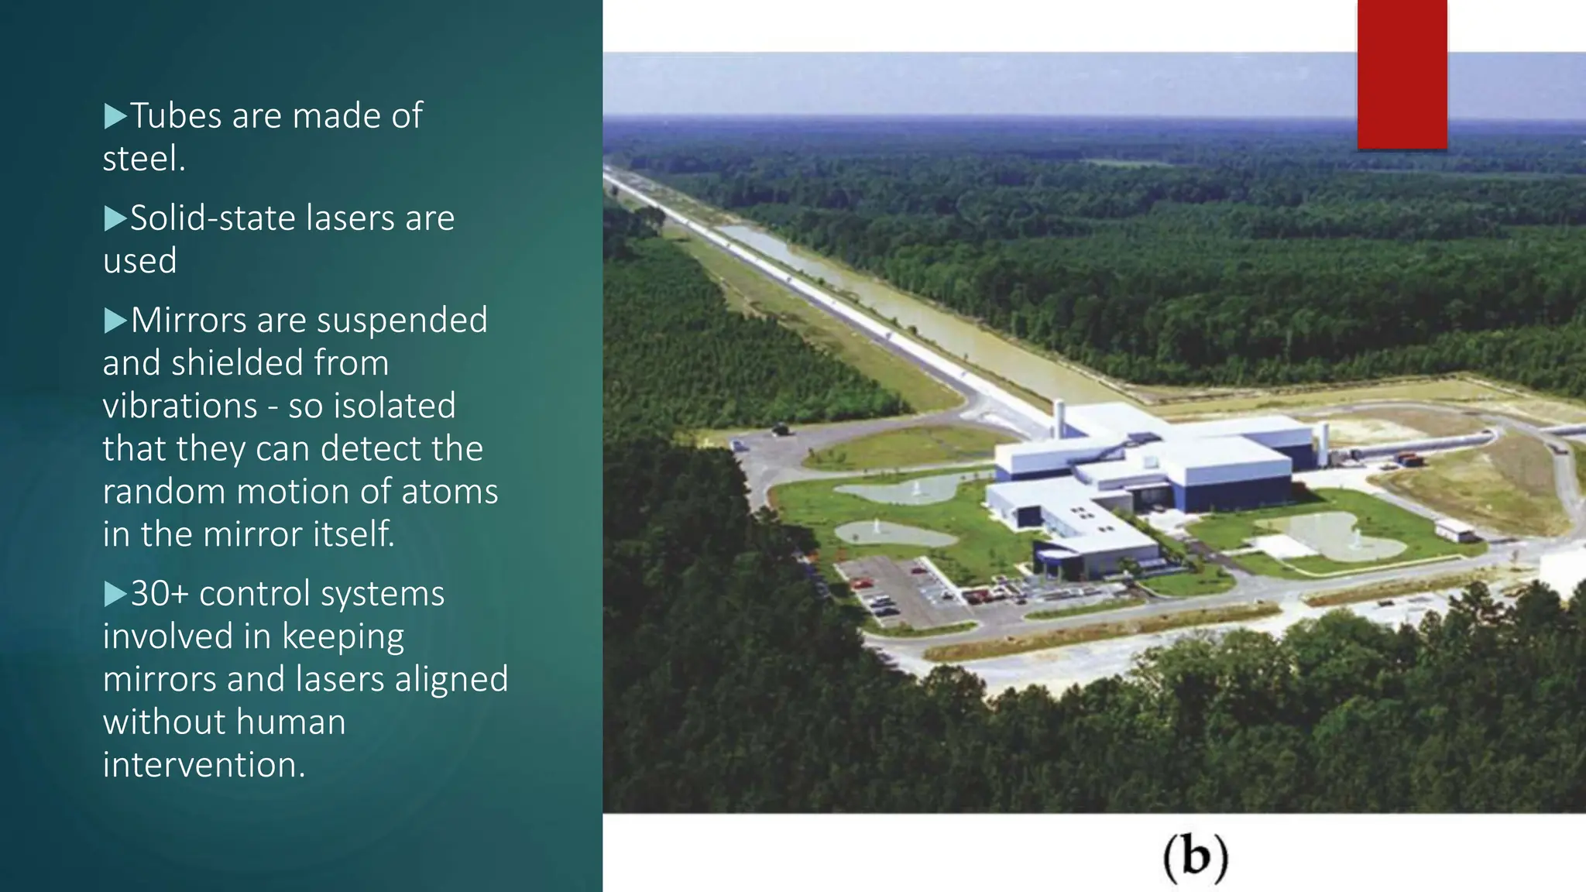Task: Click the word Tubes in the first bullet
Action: point(177,116)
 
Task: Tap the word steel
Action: point(144,159)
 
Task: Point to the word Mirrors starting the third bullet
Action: point(188,321)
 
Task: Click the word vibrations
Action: point(180,406)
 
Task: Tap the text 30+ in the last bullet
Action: point(160,594)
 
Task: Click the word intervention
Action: point(204,765)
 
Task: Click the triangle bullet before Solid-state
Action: point(115,218)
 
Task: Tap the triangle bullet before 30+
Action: point(115,594)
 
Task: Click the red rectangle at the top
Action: point(1402,74)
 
